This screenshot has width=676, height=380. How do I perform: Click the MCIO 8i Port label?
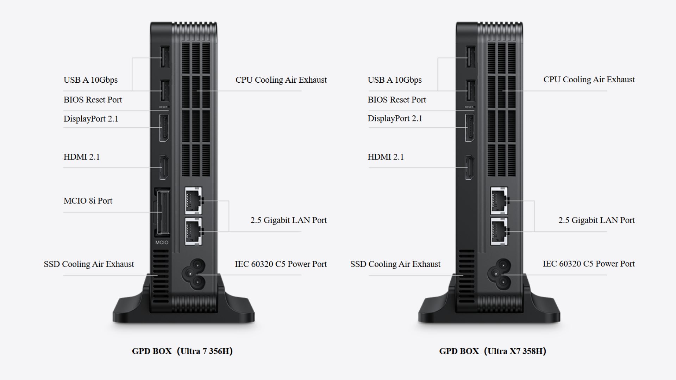88,201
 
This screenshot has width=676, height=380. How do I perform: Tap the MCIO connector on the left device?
162,213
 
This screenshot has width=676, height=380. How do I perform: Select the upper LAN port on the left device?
193,201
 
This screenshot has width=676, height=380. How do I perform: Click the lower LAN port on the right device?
499,231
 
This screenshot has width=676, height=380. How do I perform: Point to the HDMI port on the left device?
164,167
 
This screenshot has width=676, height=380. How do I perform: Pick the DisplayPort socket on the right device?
469,128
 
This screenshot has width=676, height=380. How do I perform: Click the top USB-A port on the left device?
164,57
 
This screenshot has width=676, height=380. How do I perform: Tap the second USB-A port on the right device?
470,91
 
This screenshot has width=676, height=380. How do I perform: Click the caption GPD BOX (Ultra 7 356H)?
182,351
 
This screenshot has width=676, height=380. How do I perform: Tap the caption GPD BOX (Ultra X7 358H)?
493,351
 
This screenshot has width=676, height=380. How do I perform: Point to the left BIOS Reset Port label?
93,100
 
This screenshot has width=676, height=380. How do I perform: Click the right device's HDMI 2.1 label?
386,157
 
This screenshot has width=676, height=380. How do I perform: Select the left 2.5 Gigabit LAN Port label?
288,220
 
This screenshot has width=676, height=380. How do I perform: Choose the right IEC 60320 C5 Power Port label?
588,264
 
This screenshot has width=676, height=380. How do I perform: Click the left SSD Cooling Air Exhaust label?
89,264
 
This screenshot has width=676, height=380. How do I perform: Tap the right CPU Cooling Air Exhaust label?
589,80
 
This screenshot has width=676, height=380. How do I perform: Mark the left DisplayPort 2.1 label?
91,119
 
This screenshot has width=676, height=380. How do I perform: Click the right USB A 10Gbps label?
394,80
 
